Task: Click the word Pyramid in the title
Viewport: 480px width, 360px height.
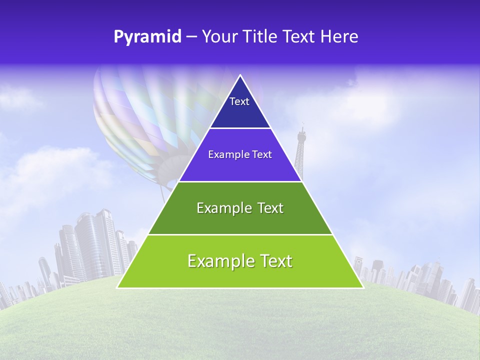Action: (x=147, y=37)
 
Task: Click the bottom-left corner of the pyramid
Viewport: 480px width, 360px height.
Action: (x=118, y=287)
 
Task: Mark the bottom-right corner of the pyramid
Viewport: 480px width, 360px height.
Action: (x=362, y=287)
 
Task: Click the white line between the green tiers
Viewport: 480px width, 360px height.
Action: (x=240, y=234)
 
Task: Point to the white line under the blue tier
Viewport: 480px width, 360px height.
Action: (x=240, y=128)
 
